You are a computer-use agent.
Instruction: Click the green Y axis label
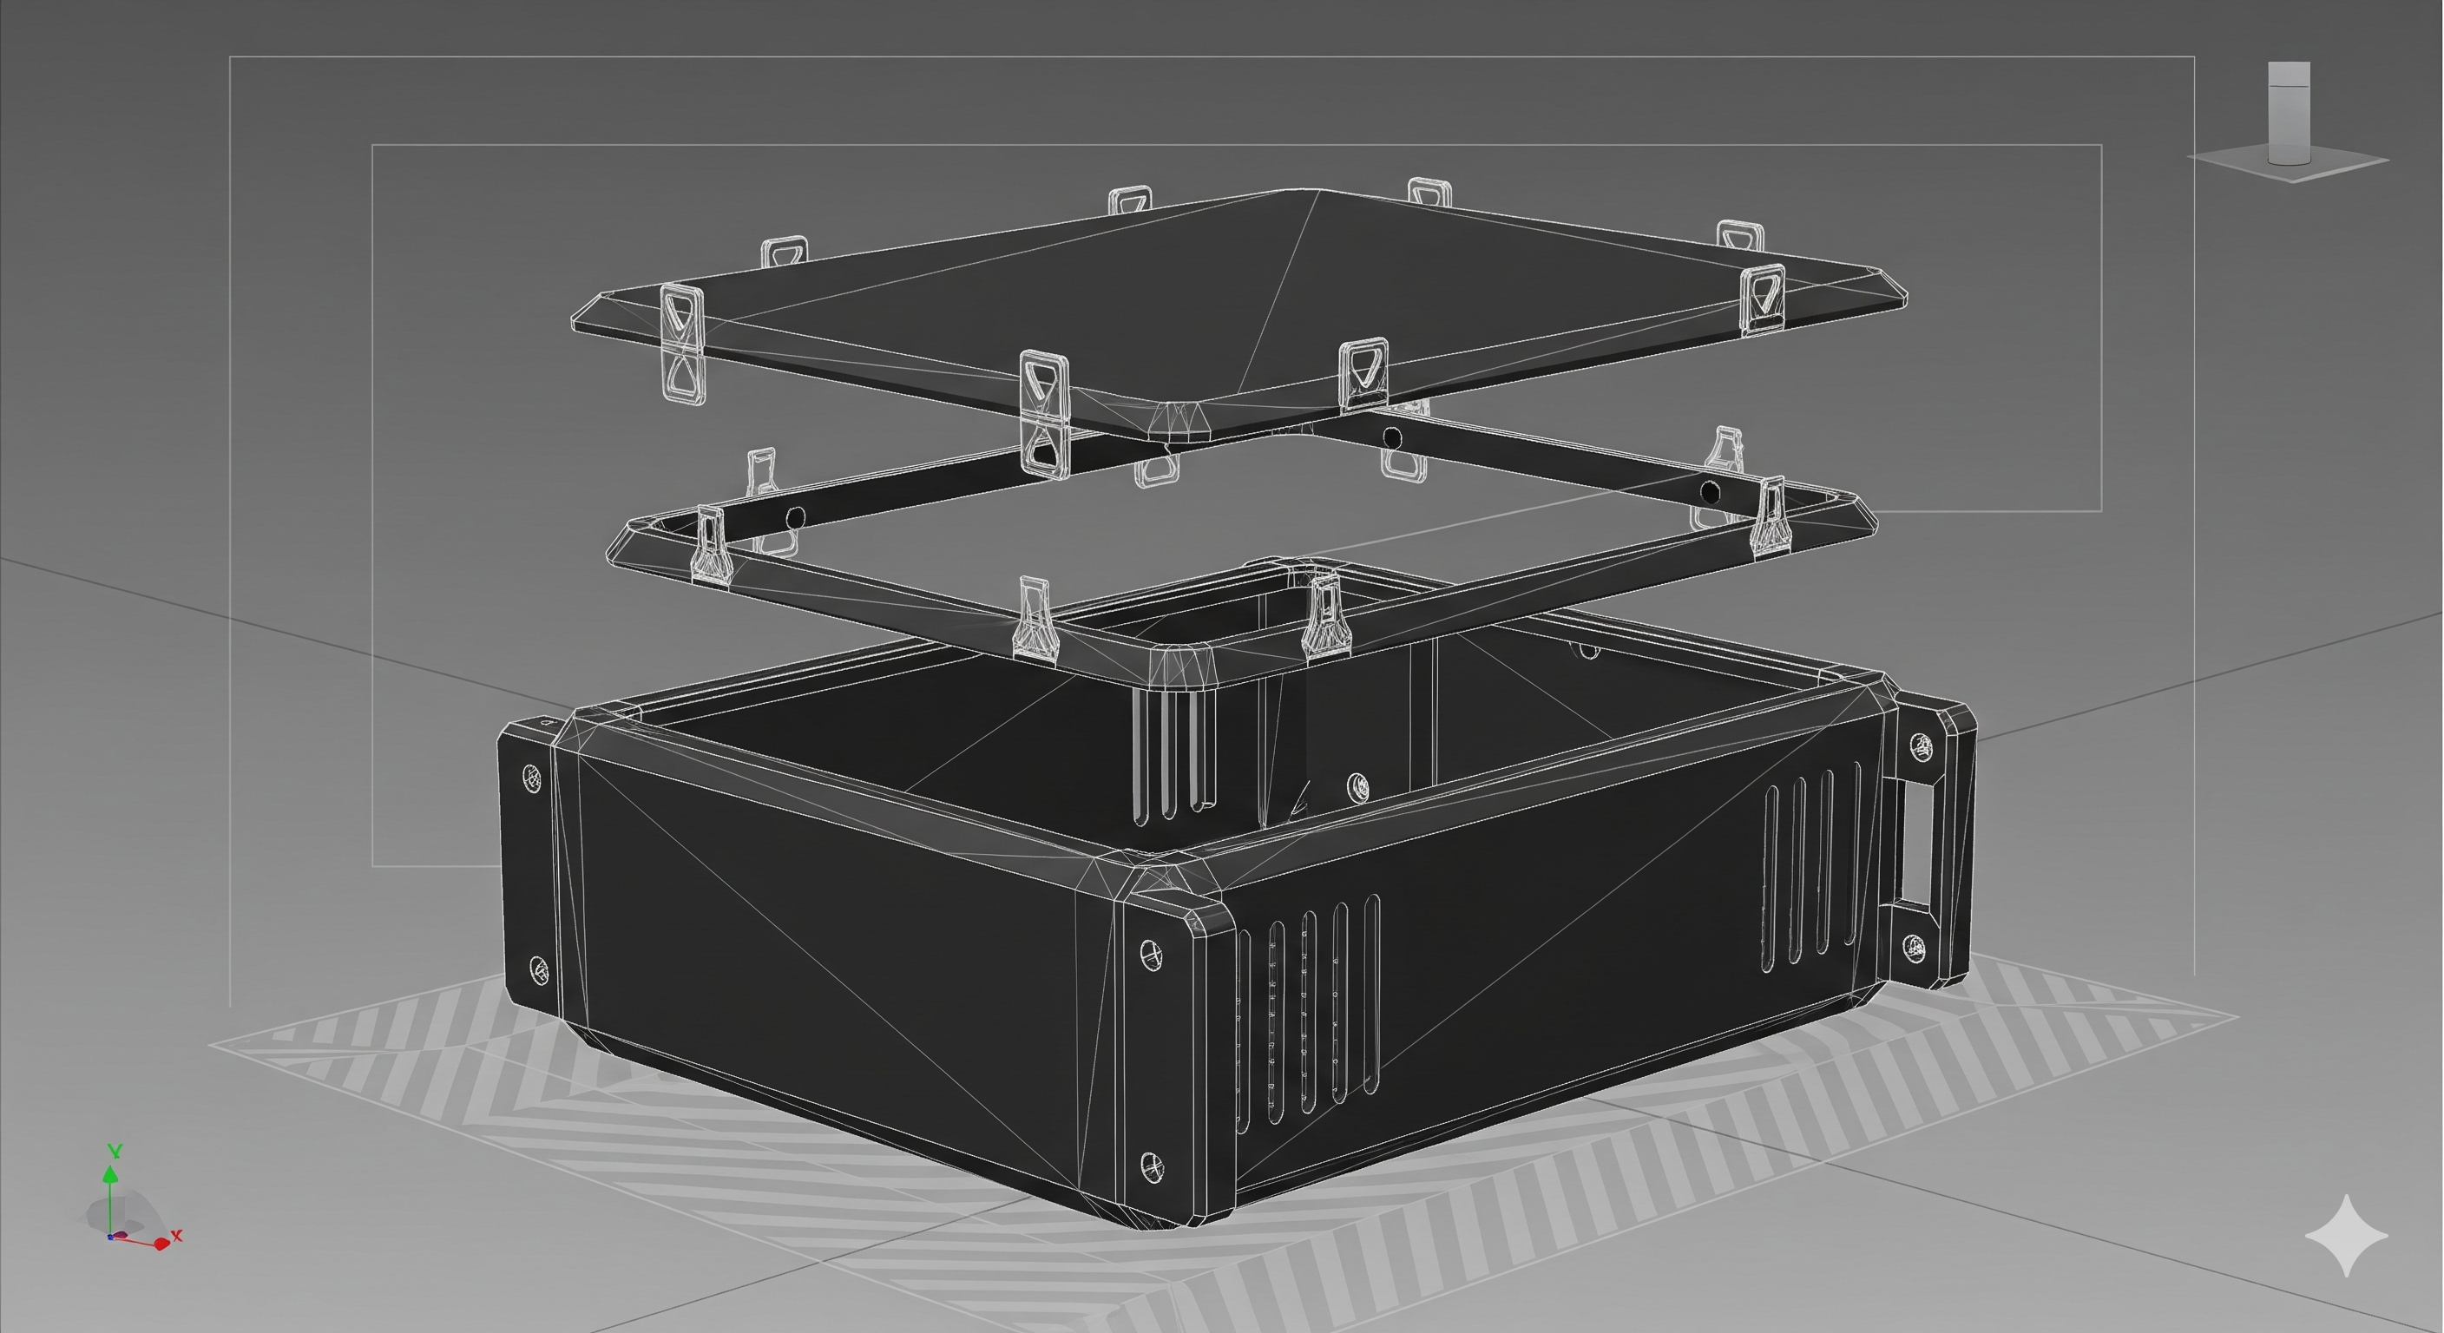[115, 1151]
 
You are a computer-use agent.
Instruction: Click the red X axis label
[176, 1235]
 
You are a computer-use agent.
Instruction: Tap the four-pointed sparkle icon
[2346, 1235]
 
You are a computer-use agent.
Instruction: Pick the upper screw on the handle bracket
[1919, 746]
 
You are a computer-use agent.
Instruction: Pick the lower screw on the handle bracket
[1915, 947]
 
